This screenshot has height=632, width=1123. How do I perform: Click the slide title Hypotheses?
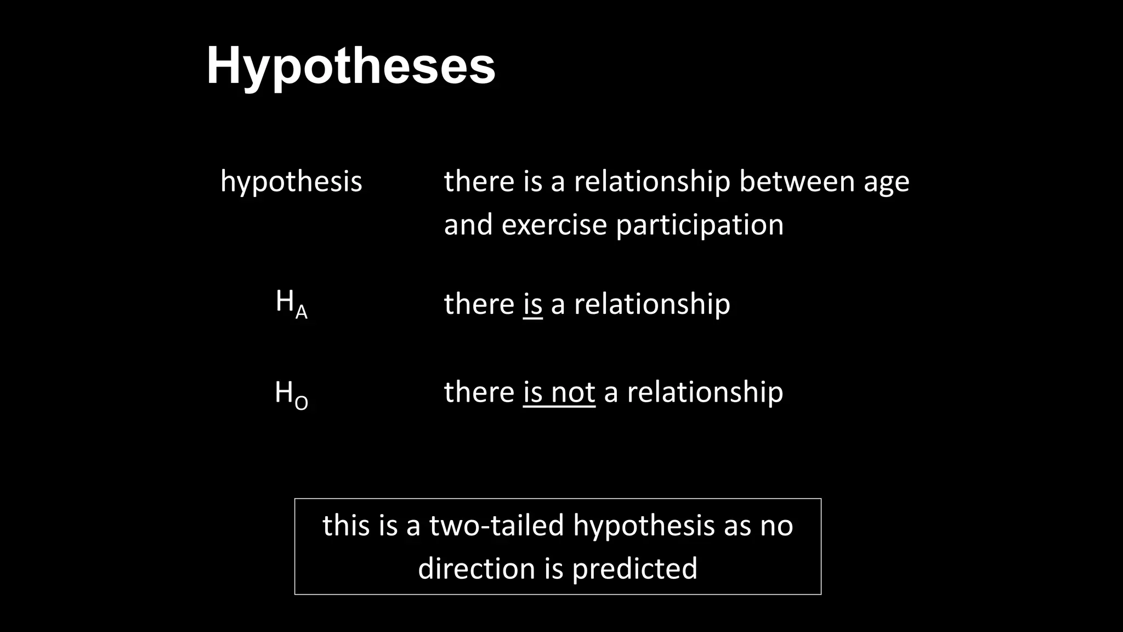[351, 66]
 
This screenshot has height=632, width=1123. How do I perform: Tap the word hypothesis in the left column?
[291, 182]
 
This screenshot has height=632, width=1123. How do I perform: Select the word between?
[797, 181]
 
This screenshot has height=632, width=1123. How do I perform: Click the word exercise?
[554, 225]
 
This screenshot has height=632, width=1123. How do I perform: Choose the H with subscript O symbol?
[291, 394]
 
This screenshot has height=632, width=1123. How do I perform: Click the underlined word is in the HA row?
[532, 304]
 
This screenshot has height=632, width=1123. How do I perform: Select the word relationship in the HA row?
[651, 304]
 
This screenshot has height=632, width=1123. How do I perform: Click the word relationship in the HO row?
[705, 393]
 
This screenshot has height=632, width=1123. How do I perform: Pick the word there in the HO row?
[479, 393]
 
